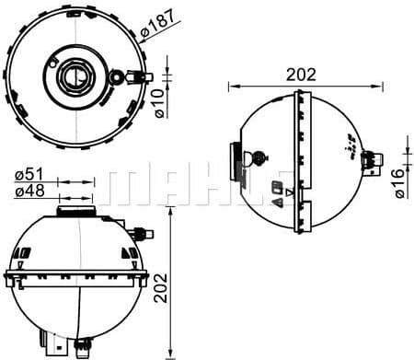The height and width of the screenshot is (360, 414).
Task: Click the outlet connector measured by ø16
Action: (374, 163)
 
